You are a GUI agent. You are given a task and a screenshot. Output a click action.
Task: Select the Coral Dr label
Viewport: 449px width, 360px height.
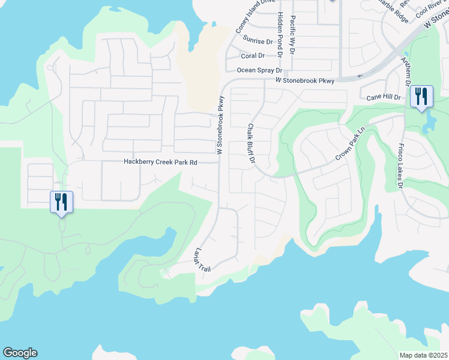[252, 56]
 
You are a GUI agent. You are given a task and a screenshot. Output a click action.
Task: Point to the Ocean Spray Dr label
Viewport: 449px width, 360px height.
[259, 70]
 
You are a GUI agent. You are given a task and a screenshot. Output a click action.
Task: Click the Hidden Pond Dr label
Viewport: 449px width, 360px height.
[280, 34]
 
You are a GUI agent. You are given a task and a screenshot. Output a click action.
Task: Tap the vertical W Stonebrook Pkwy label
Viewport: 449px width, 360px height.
[220, 125]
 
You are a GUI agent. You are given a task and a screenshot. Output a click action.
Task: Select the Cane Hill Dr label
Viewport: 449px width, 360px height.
[384, 97]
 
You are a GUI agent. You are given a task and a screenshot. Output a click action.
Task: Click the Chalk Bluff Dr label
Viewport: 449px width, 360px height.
[252, 145]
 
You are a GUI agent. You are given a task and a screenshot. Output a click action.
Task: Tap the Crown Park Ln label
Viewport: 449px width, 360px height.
[351, 147]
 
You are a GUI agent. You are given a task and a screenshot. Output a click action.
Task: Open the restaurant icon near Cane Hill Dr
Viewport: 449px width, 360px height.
[421, 97]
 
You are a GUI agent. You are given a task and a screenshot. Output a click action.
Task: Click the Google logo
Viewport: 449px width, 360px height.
[20, 353]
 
